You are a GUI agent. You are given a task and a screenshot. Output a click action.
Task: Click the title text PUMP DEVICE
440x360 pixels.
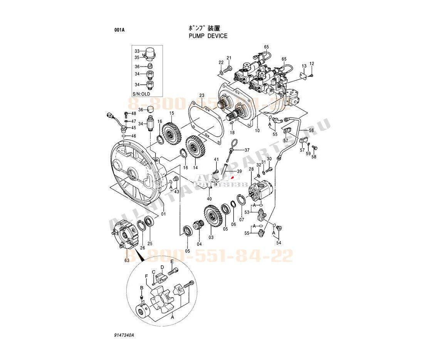click(x=208, y=36)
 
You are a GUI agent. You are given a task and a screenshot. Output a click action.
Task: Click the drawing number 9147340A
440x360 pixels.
click(x=124, y=336)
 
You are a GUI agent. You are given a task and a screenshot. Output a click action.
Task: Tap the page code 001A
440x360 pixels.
click(x=119, y=30)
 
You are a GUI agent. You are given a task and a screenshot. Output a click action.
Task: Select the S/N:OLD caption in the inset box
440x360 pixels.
click(x=141, y=94)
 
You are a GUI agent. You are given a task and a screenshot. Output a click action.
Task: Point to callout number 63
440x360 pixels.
click(x=127, y=261)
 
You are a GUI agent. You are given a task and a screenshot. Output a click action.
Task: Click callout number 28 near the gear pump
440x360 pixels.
click(x=251, y=169)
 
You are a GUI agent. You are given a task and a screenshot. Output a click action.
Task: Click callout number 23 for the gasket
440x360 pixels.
click(x=201, y=95)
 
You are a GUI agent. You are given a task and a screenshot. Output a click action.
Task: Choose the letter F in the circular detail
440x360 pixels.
click(x=146, y=276)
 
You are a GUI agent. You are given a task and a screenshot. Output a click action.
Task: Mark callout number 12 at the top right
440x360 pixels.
click(x=312, y=64)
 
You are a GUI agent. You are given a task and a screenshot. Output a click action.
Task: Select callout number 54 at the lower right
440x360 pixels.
click(x=279, y=243)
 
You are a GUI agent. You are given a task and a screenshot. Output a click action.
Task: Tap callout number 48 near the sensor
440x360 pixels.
click(x=134, y=114)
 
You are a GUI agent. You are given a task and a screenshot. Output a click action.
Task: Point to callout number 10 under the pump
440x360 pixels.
click(x=257, y=131)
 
